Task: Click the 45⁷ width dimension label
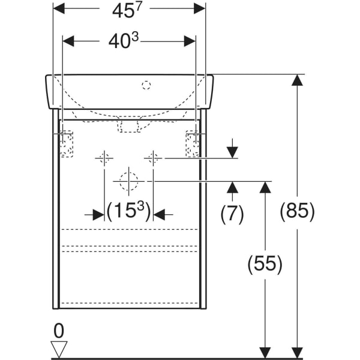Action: pos(127,10)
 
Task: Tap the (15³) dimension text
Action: pos(129,211)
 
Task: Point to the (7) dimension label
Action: pos(232,214)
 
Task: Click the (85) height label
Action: pos(297,211)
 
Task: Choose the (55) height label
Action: pos(265,263)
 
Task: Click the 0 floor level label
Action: pos(59,331)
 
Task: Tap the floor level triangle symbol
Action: pos(59,349)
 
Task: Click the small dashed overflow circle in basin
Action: pos(146,85)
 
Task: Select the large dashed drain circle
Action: pos(129,181)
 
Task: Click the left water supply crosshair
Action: pos(104,158)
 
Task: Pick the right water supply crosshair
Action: pos(153,158)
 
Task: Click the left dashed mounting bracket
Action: pos(67,144)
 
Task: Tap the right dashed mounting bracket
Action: pos(193,144)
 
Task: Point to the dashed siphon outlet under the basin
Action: pos(129,125)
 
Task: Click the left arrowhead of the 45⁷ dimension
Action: pos(59,8)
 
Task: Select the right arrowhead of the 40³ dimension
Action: pos(190,41)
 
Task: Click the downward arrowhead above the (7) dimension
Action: pos(232,152)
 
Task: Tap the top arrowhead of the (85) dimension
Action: pos(297,80)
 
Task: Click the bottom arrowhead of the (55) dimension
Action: pos(265,352)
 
